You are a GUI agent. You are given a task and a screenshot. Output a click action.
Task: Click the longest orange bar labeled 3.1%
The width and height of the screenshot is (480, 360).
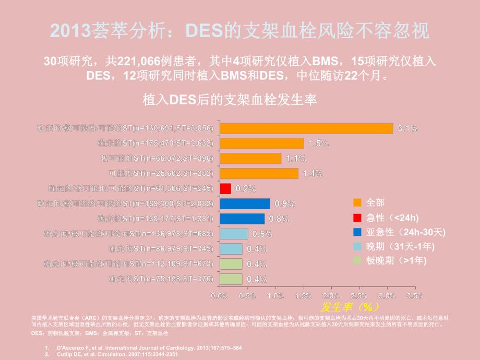pos(306,128)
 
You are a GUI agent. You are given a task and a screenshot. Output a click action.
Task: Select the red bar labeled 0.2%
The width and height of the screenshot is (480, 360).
pos(225,188)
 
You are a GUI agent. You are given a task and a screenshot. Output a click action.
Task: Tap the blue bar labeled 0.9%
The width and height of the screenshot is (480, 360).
pos(245,203)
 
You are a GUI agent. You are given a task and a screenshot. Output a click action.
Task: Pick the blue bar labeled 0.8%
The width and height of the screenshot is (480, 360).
pos(242,219)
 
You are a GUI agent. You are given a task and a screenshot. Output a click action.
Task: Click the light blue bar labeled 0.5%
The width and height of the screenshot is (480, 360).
pos(234,234)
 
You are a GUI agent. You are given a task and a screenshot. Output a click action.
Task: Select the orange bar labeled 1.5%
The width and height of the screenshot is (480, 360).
pos(261,143)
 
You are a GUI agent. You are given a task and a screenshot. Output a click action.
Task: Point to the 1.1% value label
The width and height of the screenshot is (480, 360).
pos(296,159)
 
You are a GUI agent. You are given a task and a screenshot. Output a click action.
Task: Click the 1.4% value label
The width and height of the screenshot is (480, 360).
pos(313,174)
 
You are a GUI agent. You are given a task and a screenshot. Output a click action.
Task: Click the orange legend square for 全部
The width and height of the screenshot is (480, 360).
pos(357,202)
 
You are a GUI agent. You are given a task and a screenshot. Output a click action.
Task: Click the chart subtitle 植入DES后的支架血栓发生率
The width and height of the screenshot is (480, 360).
pos(230,99)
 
